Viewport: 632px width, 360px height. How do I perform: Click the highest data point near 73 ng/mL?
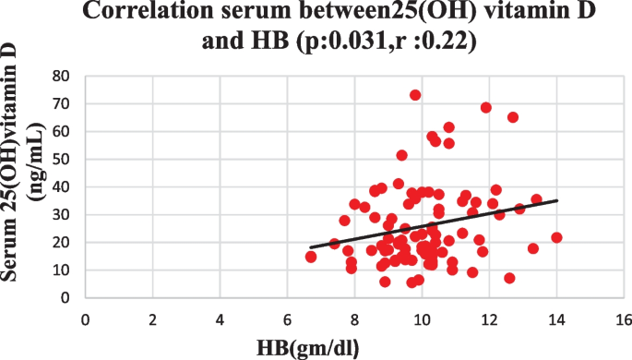[x=415, y=95]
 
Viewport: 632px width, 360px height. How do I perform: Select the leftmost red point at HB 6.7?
[x=311, y=257]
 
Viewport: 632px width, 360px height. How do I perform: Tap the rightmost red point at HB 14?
[x=556, y=237]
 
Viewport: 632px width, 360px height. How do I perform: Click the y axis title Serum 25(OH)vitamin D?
[x=22, y=185]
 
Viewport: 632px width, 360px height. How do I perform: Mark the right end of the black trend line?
[x=557, y=200]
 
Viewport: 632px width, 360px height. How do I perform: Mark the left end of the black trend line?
[x=312, y=247]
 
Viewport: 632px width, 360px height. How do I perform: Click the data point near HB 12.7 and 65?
[x=513, y=117]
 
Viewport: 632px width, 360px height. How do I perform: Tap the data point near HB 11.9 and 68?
[x=486, y=107]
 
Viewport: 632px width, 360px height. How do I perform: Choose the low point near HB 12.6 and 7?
[x=509, y=278]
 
